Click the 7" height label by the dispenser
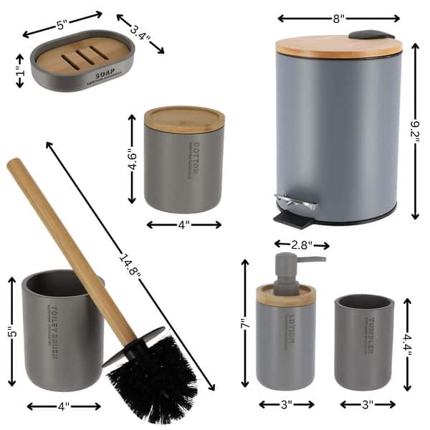244,324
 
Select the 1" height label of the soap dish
20,72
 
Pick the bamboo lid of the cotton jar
184,118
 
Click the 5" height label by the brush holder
11,333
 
